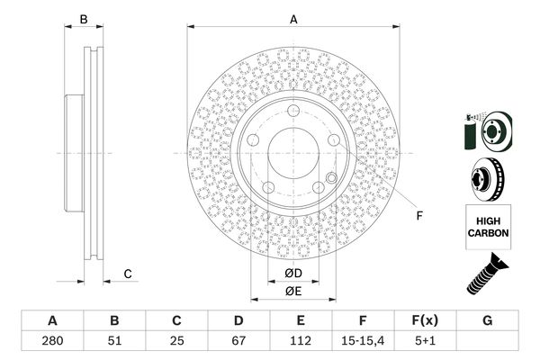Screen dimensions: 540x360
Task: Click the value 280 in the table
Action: [x=52, y=341]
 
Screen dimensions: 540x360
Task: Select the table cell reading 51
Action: [x=114, y=341]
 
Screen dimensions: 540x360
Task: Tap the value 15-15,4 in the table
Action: [x=363, y=341]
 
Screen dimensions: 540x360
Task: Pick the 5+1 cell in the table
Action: [x=426, y=341]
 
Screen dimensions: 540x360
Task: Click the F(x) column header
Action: [x=426, y=320]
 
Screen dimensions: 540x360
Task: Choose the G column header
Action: [x=487, y=320]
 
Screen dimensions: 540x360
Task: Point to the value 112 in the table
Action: [x=301, y=341]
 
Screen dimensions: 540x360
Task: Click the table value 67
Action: [x=238, y=341]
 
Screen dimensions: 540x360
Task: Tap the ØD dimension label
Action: [x=293, y=274]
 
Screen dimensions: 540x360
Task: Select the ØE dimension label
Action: [x=293, y=292]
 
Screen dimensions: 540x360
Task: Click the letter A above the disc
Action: [x=293, y=19]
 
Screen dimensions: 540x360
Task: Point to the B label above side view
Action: [x=84, y=19]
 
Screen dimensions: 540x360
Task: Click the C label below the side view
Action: [x=128, y=274]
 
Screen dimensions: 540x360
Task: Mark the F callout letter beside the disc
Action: [x=419, y=216]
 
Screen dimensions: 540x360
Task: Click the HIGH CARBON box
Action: [x=489, y=227]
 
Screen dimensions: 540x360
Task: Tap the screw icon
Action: [x=487, y=274]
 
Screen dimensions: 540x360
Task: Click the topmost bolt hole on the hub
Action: [x=293, y=111]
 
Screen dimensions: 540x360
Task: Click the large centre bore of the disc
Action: [x=293, y=153]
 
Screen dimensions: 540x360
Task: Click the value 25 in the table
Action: [x=176, y=341]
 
